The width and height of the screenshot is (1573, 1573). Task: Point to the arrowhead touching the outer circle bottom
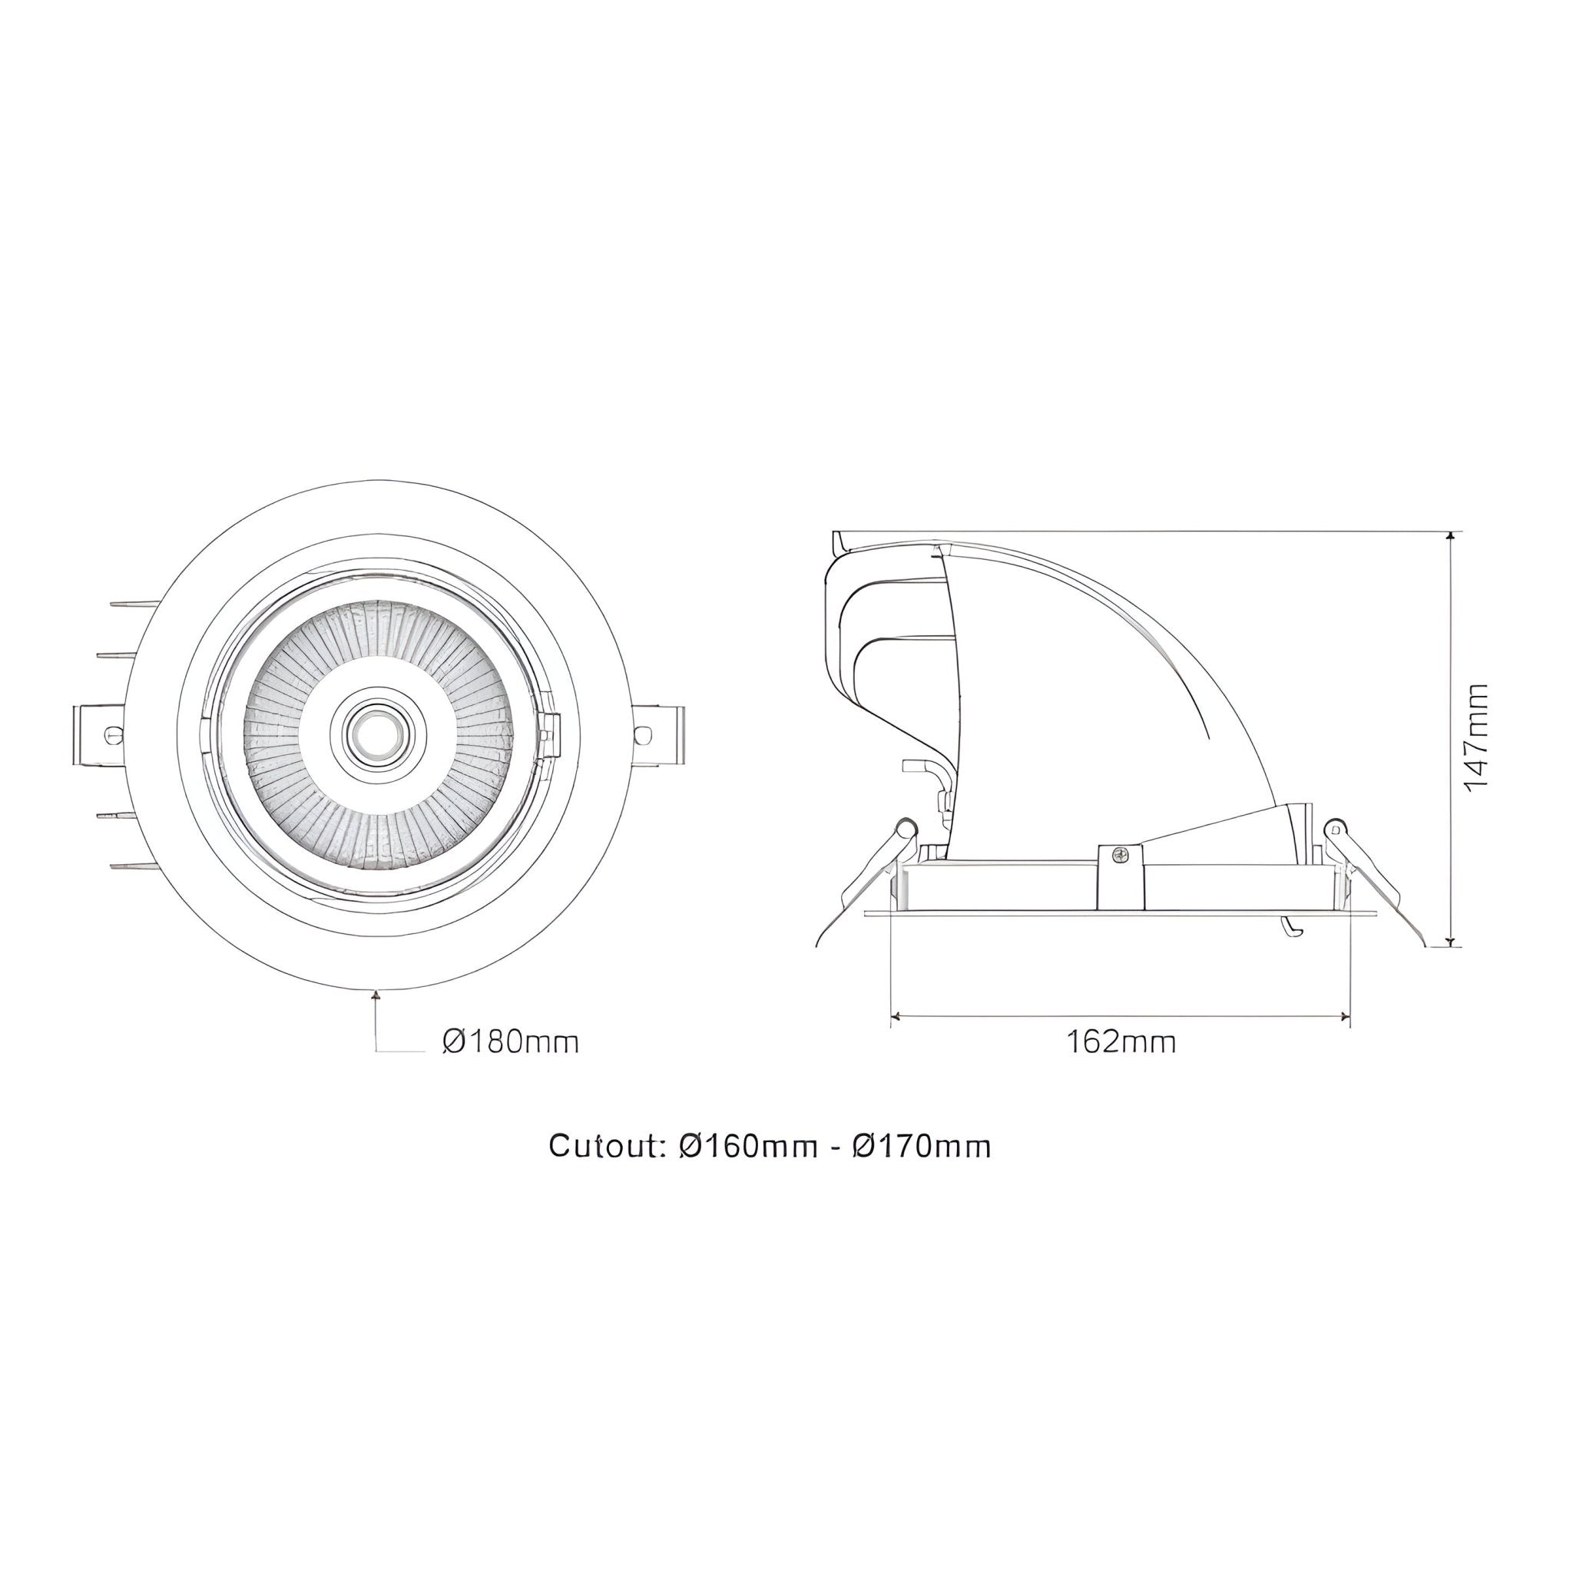click(x=376, y=994)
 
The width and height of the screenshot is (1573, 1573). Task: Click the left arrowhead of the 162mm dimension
click(x=896, y=1015)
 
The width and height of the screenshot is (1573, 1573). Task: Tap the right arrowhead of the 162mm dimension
click(x=1344, y=1015)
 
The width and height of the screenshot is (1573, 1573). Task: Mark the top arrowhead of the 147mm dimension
click(x=1450, y=538)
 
